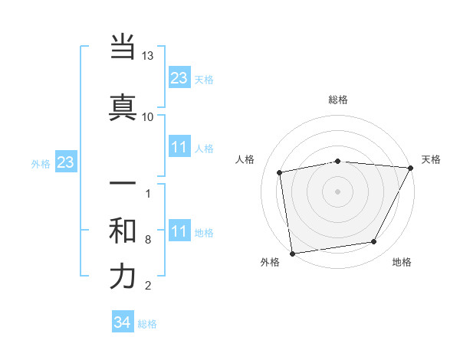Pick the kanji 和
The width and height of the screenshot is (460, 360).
point(123,231)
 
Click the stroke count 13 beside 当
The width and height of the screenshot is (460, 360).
point(148,57)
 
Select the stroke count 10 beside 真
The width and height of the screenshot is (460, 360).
point(148,116)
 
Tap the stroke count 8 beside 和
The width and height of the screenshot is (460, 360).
point(148,240)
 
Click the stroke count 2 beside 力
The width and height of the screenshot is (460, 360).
point(148,286)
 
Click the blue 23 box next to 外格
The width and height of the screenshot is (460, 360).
point(65,162)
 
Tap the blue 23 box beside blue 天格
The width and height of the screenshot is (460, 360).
point(179,78)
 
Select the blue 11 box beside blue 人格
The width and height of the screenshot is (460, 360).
point(179,147)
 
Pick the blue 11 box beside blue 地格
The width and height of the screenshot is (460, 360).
point(179,231)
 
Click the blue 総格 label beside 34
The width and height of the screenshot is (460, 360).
point(147,324)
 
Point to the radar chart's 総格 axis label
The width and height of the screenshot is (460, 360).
point(338,100)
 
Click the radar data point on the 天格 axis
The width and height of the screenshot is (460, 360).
point(412,168)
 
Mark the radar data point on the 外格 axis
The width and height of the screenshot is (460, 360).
point(292,253)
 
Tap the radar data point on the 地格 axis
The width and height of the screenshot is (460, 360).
point(374,242)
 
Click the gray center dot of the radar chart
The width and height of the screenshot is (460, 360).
point(338,191)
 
